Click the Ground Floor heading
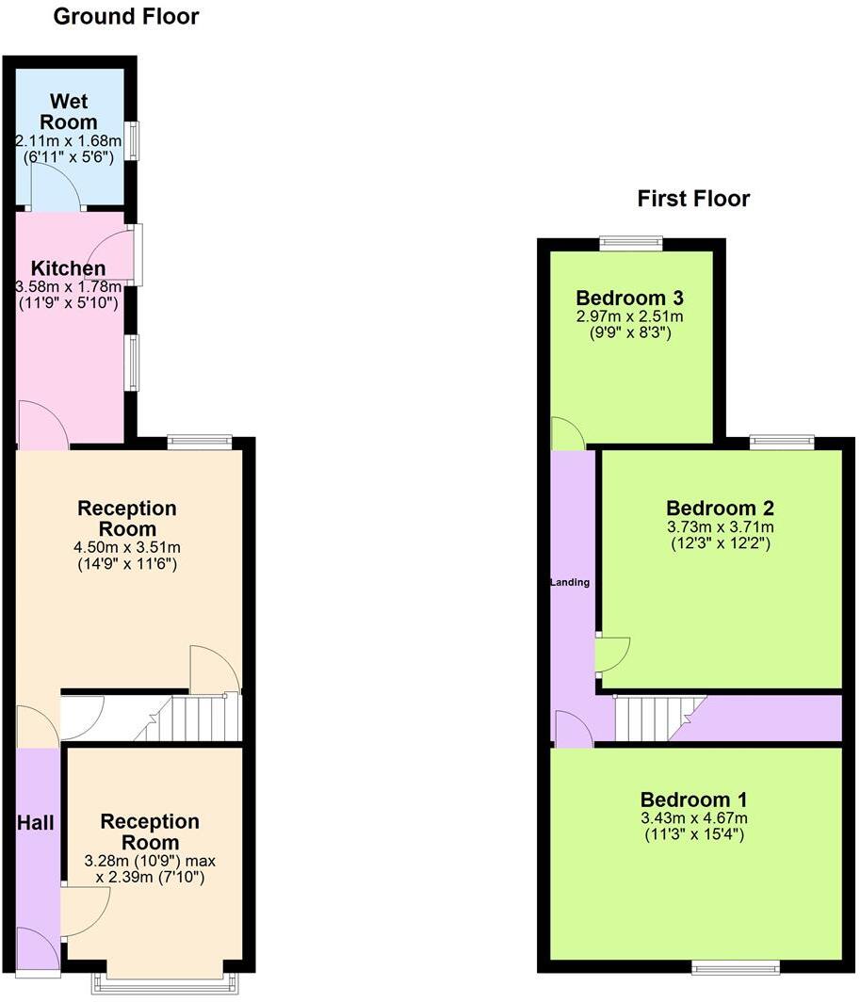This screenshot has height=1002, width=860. pyautogui.click(x=125, y=16)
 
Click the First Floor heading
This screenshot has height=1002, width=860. pyautogui.click(x=693, y=199)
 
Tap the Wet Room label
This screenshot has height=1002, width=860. pyautogui.click(x=73, y=112)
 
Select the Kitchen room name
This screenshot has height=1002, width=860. pyautogui.click(x=68, y=269)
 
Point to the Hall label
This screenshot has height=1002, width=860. pyautogui.click(x=35, y=823)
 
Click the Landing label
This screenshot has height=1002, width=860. pyautogui.click(x=570, y=582)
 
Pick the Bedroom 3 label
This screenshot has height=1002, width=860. pyautogui.click(x=631, y=297)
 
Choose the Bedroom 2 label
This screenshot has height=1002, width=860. pyautogui.click(x=721, y=509)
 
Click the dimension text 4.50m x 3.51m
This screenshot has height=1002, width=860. pyautogui.click(x=126, y=547)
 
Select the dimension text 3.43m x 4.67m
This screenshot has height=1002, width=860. pyautogui.click(x=693, y=817)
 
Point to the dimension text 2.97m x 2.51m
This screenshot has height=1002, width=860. pyautogui.click(x=631, y=315)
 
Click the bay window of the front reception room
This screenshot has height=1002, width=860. pyautogui.click(x=165, y=981)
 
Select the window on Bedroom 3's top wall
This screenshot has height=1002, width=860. pyautogui.click(x=631, y=243)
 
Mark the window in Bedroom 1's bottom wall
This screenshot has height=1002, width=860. pyautogui.click(x=735, y=965)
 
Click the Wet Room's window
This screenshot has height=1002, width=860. pyautogui.click(x=134, y=141)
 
